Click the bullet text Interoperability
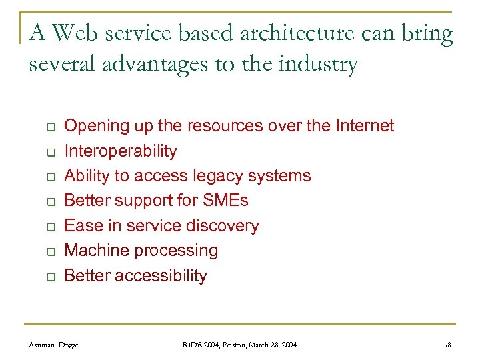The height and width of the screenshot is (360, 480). [x=120, y=151]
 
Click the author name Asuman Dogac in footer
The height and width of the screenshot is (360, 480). [x=53, y=345]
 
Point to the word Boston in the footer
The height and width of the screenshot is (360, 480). [x=224, y=345]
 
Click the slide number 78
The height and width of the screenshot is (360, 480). [x=447, y=345]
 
